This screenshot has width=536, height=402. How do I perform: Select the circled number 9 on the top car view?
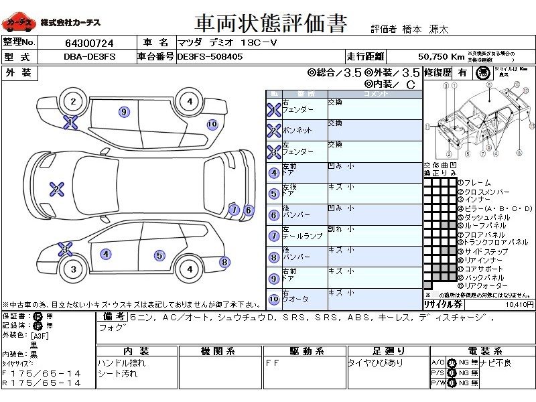(x=123, y=111)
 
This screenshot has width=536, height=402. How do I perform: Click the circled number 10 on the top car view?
(x=212, y=124)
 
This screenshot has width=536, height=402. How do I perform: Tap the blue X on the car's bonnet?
(x=58, y=189)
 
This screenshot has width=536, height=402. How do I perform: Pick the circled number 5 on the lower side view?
(x=159, y=255)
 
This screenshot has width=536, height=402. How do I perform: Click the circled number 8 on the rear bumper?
(x=224, y=263)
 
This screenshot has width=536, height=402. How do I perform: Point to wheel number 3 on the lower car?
(x=72, y=269)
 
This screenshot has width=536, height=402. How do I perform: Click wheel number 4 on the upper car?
(x=190, y=102)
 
